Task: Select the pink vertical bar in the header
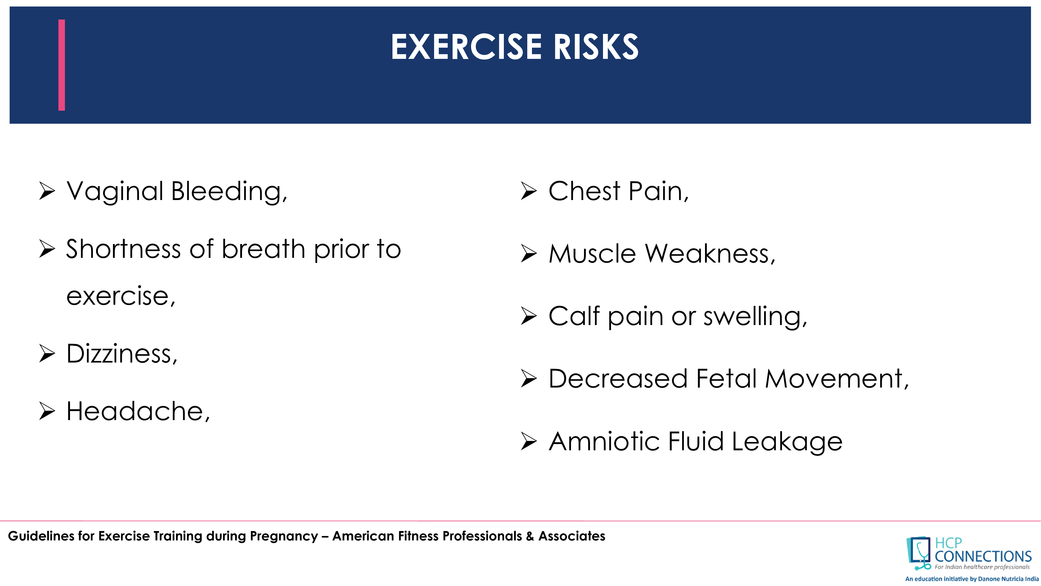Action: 61,65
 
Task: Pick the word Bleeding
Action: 229,191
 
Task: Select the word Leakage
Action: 787,442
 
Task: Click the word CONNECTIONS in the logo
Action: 983,557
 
